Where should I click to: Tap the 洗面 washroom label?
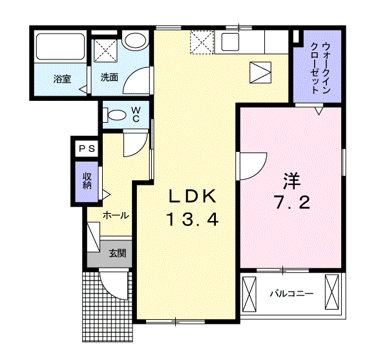tap(109, 77)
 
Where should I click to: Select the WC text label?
tap(136, 114)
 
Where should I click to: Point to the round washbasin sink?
tap(135, 42)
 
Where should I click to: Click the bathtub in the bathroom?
tap(59, 47)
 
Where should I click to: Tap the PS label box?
tap(87, 149)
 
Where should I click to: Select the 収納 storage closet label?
tap(87, 180)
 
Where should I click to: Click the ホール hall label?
tap(116, 215)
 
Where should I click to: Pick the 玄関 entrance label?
tap(117, 253)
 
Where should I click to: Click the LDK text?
tap(191, 196)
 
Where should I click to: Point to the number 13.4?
tap(191, 220)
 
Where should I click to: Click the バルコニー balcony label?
tap(291, 294)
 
